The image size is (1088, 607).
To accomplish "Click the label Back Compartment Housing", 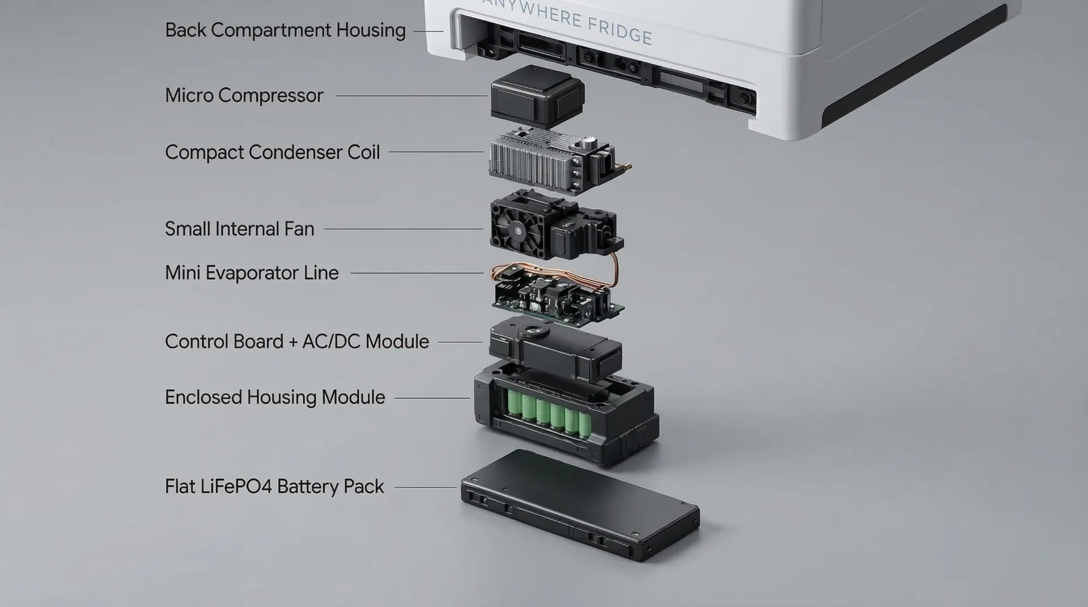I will tap(285, 30).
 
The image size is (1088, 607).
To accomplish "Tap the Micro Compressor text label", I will tap(244, 95).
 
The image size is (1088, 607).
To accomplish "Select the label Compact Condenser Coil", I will tap(272, 152).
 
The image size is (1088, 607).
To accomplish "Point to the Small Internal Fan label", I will tap(239, 228).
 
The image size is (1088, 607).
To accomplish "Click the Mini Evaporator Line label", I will tap(252, 273).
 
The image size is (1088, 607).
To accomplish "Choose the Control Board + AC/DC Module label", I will tap(296, 341).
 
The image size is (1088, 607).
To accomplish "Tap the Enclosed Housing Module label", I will tap(275, 397).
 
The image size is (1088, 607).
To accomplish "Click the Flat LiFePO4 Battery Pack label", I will tap(274, 486).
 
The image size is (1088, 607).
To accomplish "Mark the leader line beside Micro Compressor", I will tap(411, 96).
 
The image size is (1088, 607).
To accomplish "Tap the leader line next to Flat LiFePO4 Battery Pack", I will tap(425, 487).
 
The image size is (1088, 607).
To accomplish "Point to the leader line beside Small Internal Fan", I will tap(403, 229).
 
